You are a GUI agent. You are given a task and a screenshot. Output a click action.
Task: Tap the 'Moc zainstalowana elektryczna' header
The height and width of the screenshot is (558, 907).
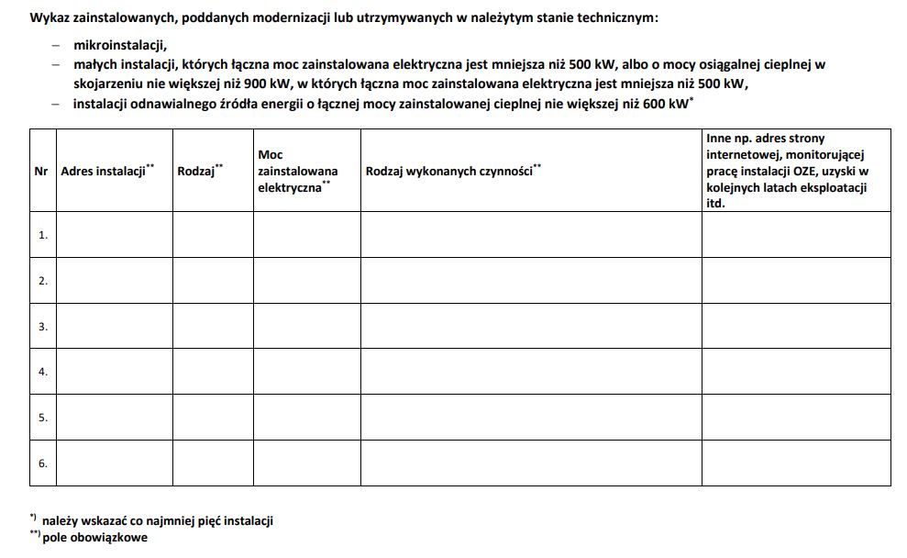(x=297, y=172)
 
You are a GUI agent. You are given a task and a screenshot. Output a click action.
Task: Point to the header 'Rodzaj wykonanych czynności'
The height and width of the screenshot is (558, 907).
(x=450, y=172)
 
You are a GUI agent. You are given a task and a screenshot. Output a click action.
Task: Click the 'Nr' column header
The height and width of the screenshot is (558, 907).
(x=42, y=172)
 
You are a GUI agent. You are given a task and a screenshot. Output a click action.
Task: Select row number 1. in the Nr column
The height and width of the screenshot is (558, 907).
(x=42, y=235)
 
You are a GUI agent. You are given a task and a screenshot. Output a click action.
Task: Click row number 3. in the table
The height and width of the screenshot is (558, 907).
(x=42, y=327)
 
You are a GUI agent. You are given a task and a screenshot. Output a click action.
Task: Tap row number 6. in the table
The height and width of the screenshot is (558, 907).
(x=42, y=463)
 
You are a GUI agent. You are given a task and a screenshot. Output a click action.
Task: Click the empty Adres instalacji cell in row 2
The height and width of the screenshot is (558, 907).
(x=114, y=281)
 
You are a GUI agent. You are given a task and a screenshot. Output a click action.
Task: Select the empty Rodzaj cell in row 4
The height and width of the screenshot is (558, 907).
(x=213, y=372)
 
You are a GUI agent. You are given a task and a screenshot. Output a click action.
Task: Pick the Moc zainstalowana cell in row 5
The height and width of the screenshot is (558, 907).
(x=306, y=418)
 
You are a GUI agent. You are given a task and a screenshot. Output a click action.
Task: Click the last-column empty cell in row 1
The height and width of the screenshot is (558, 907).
(x=795, y=235)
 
